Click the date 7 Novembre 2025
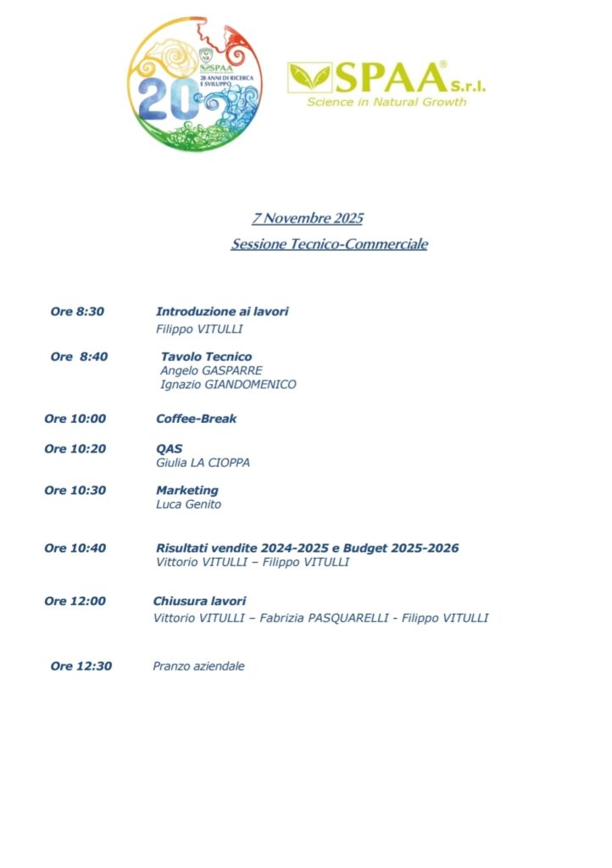pos(307,219)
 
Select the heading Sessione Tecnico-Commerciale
pos(329,244)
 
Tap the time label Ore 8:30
pos(77,312)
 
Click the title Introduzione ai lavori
pos(222,312)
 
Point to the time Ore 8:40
pos(79,357)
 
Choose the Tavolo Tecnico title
pos(206,357)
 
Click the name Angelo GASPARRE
pos(211,370)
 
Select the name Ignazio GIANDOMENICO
pos(228,385)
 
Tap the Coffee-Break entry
pos(196,419)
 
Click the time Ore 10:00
pos(75,419)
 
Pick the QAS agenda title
pos(169,448)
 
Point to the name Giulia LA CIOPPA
pos(203,463)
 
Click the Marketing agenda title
pos(186,491)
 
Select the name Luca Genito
pos(187,504)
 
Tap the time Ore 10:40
pos(75,548)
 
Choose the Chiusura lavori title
pos(199,602)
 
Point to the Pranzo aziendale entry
pos(198,666)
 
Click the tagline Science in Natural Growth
pos(387,103)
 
